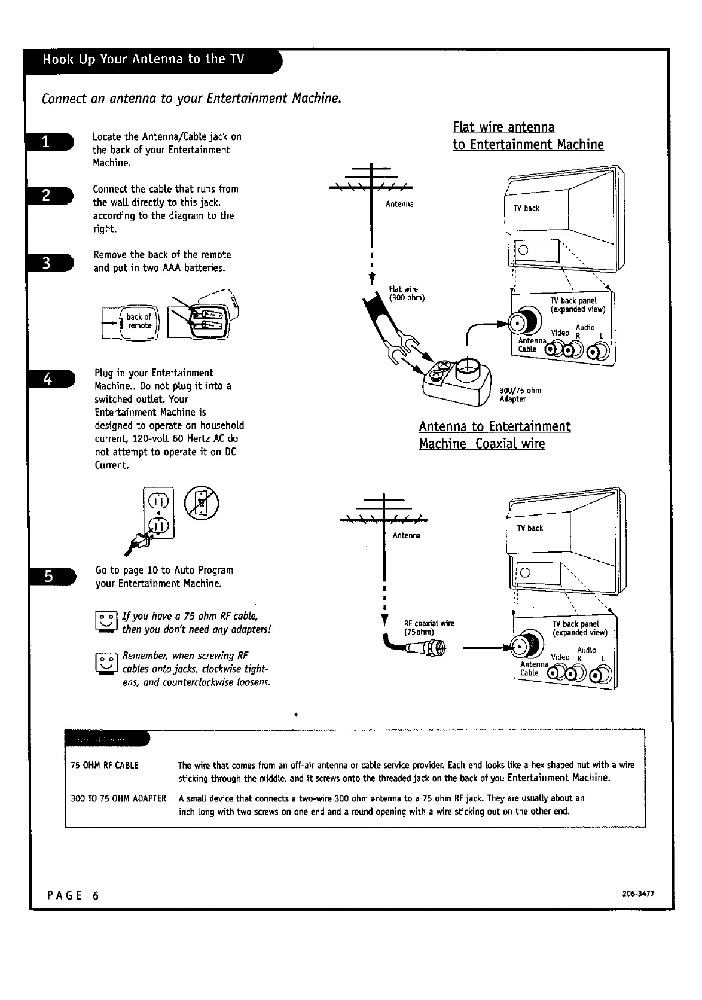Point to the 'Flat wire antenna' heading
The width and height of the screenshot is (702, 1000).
pos(503,127)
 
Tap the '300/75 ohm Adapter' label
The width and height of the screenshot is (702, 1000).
pos(520,395)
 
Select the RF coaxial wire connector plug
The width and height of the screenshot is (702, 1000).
pos(426,648)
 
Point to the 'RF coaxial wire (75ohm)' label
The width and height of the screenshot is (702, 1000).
pos(429,627)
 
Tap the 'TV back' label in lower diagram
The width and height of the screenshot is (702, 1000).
pos(530,528)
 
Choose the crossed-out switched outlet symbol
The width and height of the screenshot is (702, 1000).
pos(202,503)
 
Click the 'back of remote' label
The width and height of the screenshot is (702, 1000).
pos(139,321)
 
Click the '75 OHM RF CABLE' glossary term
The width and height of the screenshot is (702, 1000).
pos(104,765)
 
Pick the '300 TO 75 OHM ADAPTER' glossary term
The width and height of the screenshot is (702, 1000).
pos(118,798)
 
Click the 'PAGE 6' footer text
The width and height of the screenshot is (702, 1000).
pos(73,895)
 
